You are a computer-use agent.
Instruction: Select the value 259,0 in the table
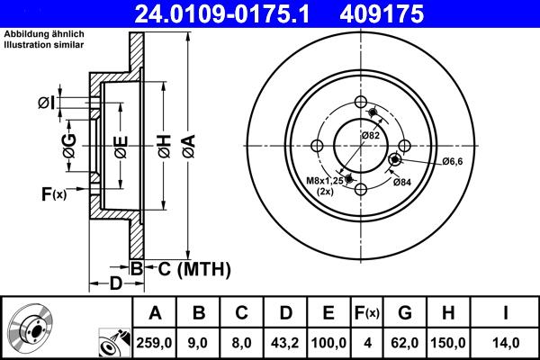point(155,342)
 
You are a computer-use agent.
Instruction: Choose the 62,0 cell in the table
point(405,342)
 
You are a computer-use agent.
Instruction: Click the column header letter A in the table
point(155,313)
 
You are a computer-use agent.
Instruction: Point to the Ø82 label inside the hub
point(370,135)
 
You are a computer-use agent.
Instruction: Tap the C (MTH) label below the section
point(190,268)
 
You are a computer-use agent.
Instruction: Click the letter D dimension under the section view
point(116,284)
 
